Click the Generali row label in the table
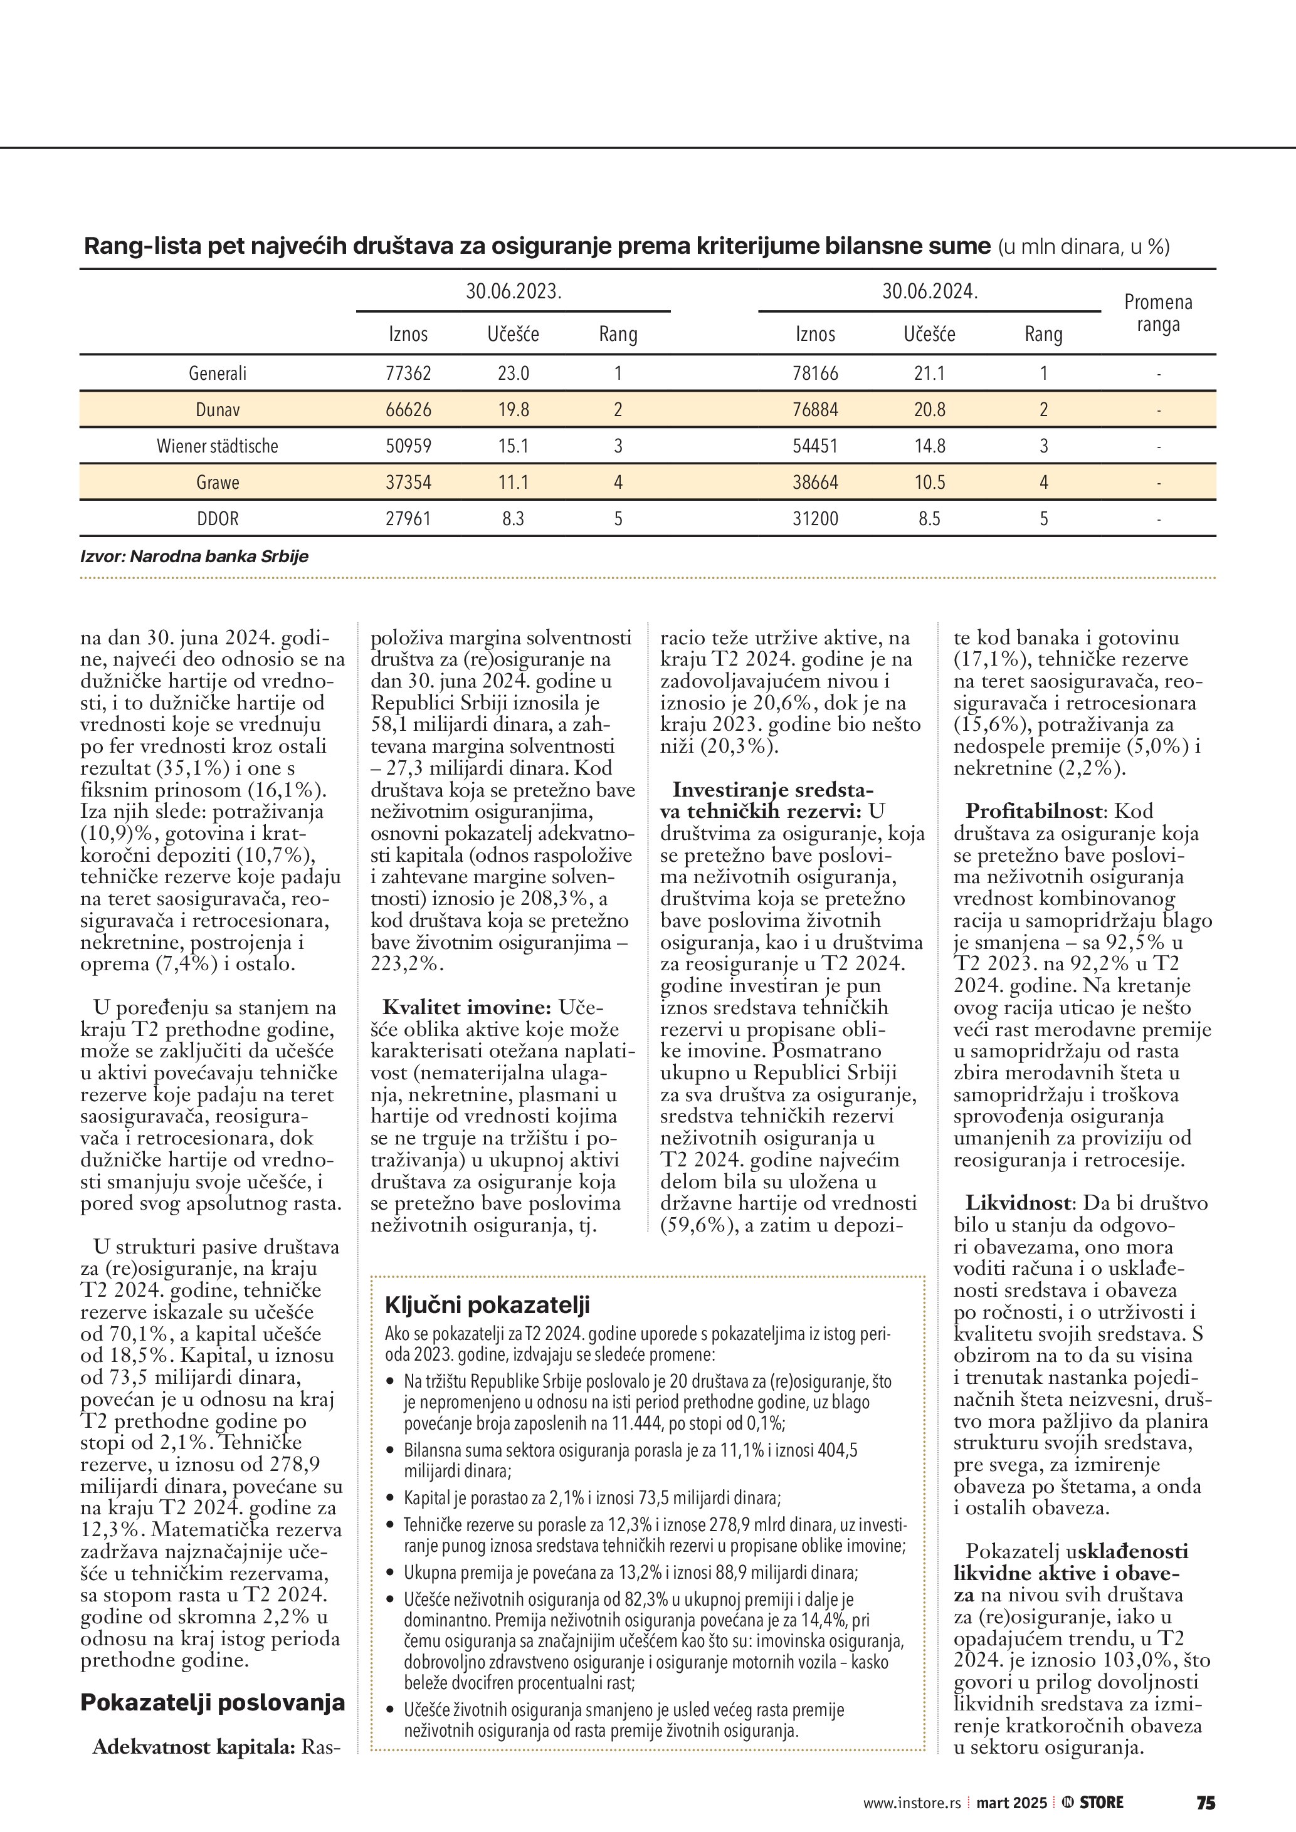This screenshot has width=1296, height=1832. (x=217, y=374)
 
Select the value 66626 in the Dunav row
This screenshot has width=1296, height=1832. (x=409, y=410)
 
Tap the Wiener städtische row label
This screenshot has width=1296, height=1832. (x=217, y=446)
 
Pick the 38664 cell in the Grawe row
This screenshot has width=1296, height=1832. (x=815, y=483)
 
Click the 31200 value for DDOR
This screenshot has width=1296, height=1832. (x=815, y=519)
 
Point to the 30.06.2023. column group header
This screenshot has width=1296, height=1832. (x=513, y=292)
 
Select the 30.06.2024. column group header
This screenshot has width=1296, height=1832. (x=930, y=292)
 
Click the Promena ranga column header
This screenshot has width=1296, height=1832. (x=1158, y=313)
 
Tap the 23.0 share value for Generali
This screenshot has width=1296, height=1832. (x=513, y=374)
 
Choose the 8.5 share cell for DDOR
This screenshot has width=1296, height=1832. (x=929, y=519)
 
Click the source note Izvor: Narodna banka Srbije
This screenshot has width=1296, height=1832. (x=194, y=556)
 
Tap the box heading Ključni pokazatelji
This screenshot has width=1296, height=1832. (x=487, y=1306)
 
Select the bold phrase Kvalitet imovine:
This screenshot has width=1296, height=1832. (x=467, y=1007)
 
